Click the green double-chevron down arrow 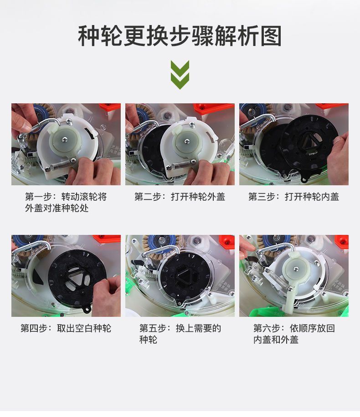click(180, 75)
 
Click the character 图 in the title click(271, 36)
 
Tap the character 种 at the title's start click(89, 36)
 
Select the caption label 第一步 click(38, 197)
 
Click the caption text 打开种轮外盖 click(198, 197)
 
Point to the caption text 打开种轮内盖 click(312, 197)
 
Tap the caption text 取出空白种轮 click(84, 328)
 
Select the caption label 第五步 click(153, 328)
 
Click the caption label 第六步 click(267, 328)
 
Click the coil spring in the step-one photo click(61, 164)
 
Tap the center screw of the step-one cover click(64, 138)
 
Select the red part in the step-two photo click(213, 108)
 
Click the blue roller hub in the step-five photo click(162, 240)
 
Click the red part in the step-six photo click(341, 241)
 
